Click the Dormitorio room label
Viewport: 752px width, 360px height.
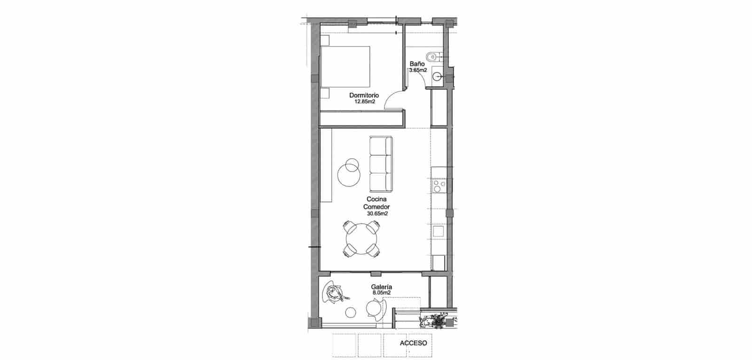pos(364,95)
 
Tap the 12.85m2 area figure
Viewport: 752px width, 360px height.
pos(364,101)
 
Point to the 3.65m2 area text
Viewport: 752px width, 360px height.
pos(417,70)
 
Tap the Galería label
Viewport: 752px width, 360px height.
pos(382,287)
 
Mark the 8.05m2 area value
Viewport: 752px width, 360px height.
pos(382,293)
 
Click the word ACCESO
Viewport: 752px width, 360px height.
pos(413,343)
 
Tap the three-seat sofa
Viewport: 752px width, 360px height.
pos(380,164)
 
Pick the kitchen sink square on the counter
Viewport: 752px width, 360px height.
pos(439,231)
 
